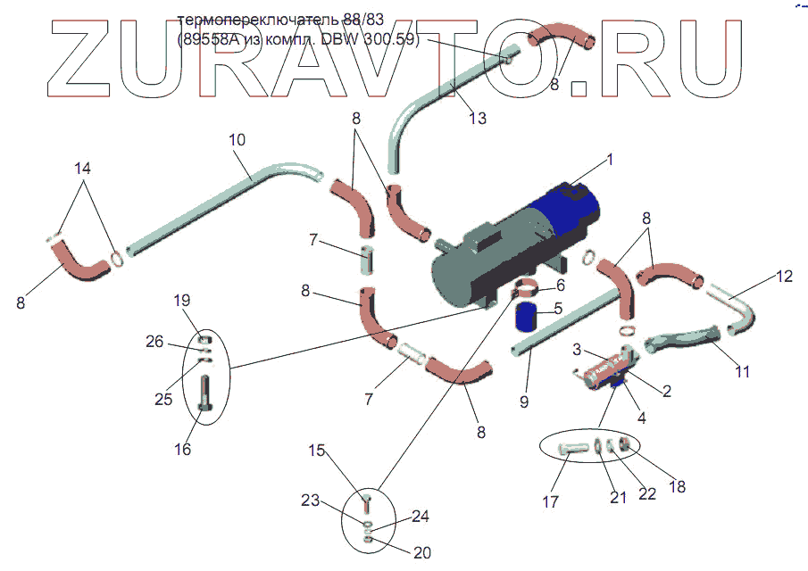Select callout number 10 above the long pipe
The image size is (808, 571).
237,140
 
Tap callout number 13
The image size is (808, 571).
479,117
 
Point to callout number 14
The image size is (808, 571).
82,168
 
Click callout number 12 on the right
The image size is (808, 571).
783,277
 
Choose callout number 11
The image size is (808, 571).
743,371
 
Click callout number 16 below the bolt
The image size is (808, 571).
182,449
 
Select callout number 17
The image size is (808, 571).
551,502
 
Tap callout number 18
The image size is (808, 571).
678,486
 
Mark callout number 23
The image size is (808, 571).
310,501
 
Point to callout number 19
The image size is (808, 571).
182,299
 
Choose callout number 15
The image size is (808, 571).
319,451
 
